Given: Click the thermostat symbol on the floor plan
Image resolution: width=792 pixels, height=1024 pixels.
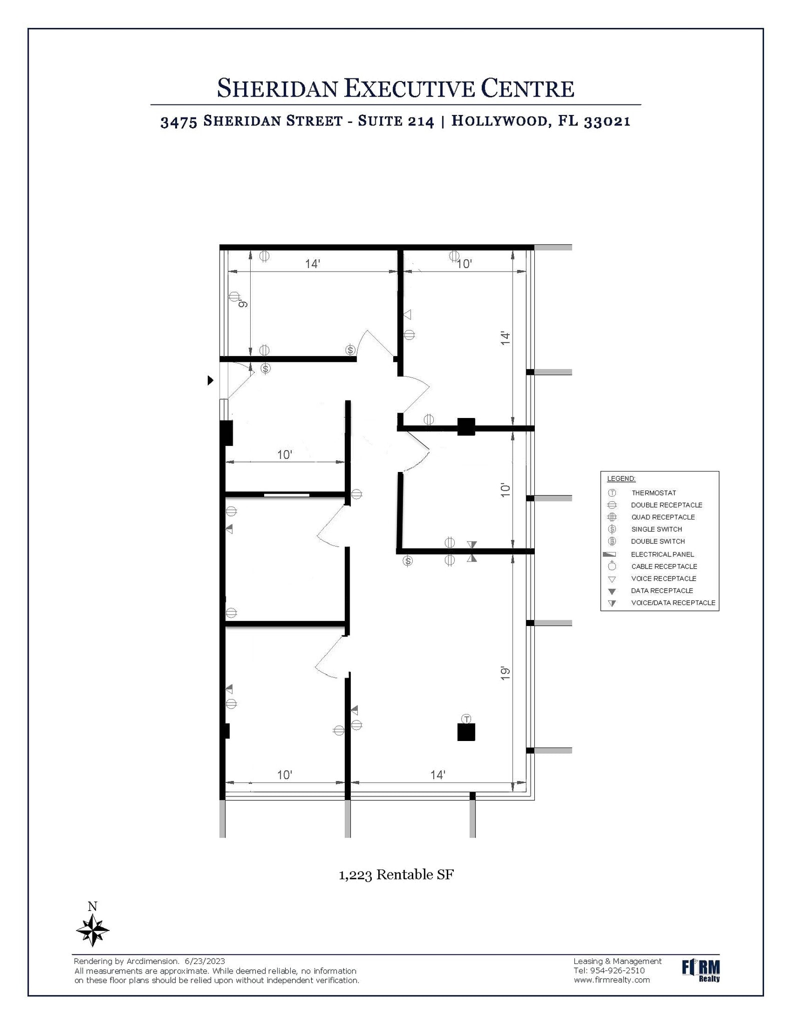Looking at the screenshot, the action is pyautogui.click(x=466, y=719).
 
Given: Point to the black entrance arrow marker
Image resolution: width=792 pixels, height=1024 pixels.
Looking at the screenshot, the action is pyautogui.click(x=211, y=380).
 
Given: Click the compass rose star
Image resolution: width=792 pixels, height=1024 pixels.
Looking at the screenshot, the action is pyautogui.click(x=93, y=929).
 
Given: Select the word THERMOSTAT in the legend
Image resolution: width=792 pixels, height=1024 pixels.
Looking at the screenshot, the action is pyautogui.click(x=653, y=493).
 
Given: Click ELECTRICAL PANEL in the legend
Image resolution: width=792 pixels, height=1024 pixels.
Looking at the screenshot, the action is pyautogui.click(x=662, y=554).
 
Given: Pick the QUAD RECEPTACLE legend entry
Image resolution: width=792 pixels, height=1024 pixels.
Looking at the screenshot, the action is pyautogui.click(x=663, y=517).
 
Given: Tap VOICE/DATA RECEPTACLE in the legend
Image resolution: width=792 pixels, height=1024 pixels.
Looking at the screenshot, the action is pyautogui.click(x=673, y=602).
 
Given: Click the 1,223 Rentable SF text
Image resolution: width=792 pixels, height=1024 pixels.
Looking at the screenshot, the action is pyautogui.click(x=396, y=874).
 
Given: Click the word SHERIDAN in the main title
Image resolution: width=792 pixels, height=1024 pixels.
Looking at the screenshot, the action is pyautogui.click(x=277, y=88).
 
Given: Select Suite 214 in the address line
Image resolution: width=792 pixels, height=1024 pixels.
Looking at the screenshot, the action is pyautogui.click(x=396, y=121).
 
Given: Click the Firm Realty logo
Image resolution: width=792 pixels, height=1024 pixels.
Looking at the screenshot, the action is pyautogui.click(x=701, y=970).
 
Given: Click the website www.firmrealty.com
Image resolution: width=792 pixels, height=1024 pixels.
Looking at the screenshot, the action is pyautogui.click(x=612, y=980).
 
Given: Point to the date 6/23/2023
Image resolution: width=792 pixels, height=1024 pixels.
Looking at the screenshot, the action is pyautogui.click(x=205, y=961).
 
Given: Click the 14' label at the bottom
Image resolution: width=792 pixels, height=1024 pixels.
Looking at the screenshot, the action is pyautogui.click(x=438, y=774).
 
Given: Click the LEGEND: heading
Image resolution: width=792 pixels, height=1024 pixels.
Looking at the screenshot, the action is pyautogui.click(x=621, y=478).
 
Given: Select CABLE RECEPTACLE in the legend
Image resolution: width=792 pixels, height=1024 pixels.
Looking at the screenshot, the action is pyautogui.click(x=664, y=566).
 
